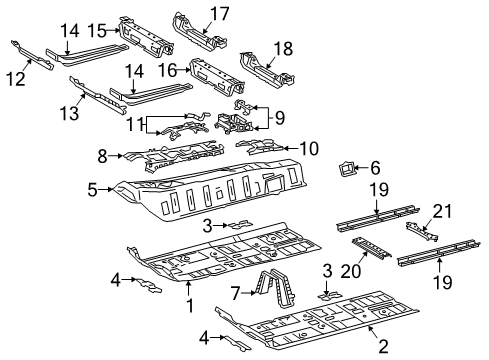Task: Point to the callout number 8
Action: (x=100, y=155)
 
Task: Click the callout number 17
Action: (x=218, y=13)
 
